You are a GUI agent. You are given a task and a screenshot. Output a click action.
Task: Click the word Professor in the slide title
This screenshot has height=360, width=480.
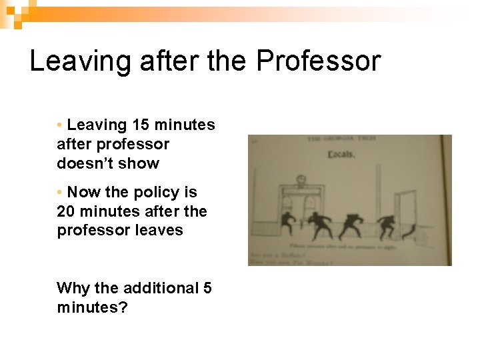point(318,61)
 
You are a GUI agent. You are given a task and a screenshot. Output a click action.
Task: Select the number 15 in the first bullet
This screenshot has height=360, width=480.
point(141,125)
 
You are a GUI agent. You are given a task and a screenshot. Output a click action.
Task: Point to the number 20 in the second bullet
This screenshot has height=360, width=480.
point(66,211)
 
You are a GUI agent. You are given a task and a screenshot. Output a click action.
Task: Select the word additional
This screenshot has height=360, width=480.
point(163,288)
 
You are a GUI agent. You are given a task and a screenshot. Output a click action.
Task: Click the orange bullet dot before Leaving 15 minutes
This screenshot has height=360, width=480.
point(60,125)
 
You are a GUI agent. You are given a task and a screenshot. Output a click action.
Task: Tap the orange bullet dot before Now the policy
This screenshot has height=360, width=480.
point(60,192)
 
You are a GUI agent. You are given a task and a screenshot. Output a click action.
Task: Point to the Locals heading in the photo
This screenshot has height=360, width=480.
point(341,155)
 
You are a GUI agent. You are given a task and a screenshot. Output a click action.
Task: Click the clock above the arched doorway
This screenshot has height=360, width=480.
point(301,181)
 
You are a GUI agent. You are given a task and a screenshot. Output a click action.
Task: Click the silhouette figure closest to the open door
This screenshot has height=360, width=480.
point(386,225)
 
